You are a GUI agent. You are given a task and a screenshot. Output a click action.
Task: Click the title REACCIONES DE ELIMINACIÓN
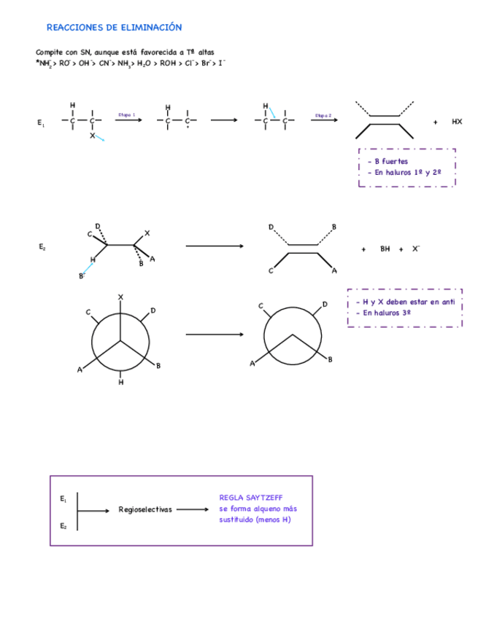pyautogui.click(x=114, y=28)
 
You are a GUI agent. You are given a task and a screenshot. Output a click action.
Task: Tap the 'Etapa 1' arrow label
pyautogui.click(x=127, y=114)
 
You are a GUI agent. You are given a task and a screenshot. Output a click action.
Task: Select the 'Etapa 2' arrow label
pyautogui.click(x=323, y=114)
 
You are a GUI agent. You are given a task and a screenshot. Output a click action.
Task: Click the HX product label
pyautogui.click(x=457, y=122)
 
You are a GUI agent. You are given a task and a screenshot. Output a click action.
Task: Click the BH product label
pyautogui.click(x=385, y=249)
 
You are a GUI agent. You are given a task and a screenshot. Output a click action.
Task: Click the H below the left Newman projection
pyautogui.click(x=120, y=382)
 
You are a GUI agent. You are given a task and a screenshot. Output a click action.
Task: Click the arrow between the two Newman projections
pyautogui.click(x=215, y=335)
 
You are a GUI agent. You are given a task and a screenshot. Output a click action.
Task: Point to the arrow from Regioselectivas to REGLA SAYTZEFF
pyautogui.click(x=193, y=509)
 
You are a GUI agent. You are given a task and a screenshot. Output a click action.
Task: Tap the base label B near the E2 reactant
pyautogui.click(x=81, y=275)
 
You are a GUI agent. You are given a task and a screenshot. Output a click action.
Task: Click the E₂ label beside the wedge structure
pyautogui.click(x=42, y=247)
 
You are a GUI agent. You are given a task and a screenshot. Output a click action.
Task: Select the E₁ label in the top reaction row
pyautogui.click(x=41, y=123)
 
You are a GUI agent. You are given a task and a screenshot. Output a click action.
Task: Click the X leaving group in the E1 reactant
pyautogui.click(x=93, y=135)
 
